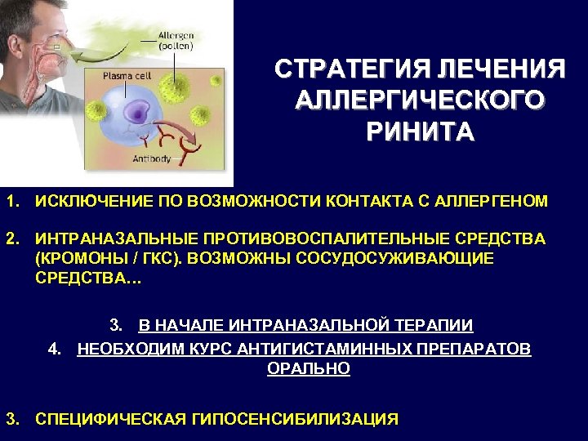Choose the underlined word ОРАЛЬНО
tap(309, 368)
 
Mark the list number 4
tap(54, 350)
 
